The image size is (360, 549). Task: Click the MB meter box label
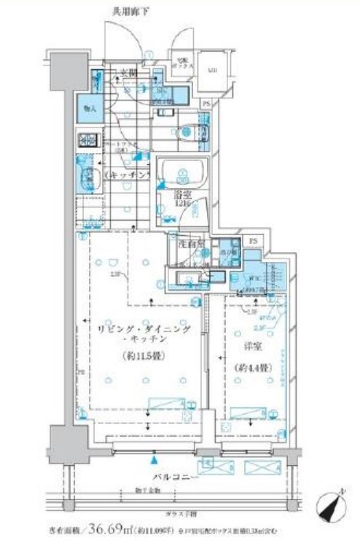213,71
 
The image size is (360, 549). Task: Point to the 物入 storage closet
90,109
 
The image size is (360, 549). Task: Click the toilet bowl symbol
190,133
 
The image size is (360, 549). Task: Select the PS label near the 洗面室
253,240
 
